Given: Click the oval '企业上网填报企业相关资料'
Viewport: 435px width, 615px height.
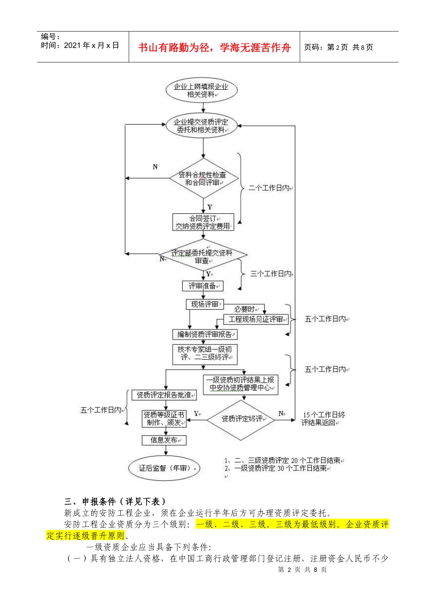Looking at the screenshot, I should pyautogui.click(x=201, y=90).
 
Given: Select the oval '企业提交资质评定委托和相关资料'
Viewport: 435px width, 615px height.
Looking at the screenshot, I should pyautogui.click(x=201, y=126).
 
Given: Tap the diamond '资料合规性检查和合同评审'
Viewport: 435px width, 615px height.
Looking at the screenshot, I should pyautogui.click(x=203, y=178).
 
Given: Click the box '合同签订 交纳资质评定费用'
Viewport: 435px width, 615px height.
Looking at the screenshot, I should pyautogui.click(x=203, y=222).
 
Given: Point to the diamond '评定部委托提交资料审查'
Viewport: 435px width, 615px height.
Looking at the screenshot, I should pyautogui.click(x=202, y=256).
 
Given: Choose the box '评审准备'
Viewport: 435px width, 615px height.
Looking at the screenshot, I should pyautogui.click(x=202, y=286).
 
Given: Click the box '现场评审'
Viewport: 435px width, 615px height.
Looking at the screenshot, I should pyautogui.click(x=204, y=304).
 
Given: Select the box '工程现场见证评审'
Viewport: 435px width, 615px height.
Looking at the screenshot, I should pyautogui.click(x=256, y=319).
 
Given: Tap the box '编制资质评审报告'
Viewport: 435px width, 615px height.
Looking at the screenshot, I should pyautogui.click(x=205, y=334).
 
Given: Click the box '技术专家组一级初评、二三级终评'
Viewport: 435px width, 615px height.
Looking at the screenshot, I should pyautogui.click(x=205, y=354).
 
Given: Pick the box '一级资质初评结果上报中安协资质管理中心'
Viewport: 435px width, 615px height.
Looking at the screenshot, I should pyautogui.click(x=240, y=384).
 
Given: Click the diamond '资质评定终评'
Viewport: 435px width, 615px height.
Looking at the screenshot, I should pyautogui.click(x=241, y=419).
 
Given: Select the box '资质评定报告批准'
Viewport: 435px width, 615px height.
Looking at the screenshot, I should pyautogui.click(x=164, y=395).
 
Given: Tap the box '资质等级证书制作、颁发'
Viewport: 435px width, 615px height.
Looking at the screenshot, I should pyautogui.click(x=164, y=419).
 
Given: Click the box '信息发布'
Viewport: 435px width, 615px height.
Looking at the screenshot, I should pyautogui.click(x=164, y=440).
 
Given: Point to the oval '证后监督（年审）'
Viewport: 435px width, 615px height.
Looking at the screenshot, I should pyautogui.click(x=164, y=468).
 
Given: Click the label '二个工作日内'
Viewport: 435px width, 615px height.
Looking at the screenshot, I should pyautogui.click(x=269, y=188).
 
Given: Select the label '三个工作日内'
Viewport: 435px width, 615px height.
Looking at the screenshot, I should pyautogui.click(x=271, y=274).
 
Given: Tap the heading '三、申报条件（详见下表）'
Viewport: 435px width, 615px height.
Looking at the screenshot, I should pyautogui.click(x=114, y=502).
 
